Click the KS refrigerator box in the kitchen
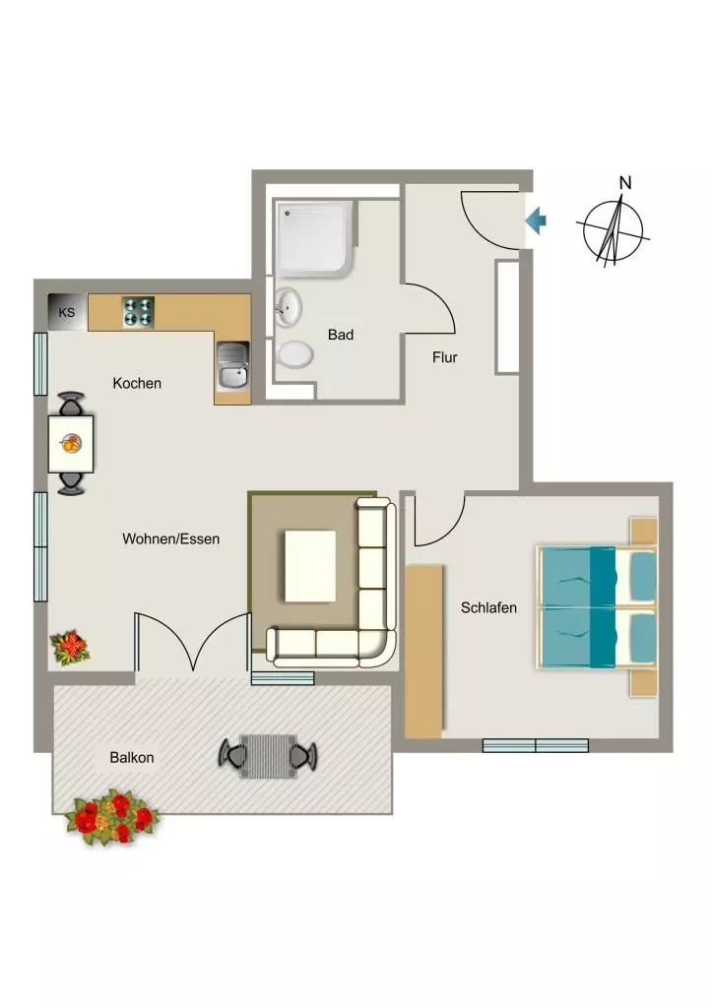(68, 312)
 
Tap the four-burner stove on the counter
(138, 312)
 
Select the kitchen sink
(232, 366)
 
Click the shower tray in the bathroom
(315, 239)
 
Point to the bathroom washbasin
(288, 306)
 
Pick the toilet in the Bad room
(294, 354)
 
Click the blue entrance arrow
(536, 220)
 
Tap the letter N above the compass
(625, 183)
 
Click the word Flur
(445, 357)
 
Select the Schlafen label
(488, 607)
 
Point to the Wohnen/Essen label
(171, 538)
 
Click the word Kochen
(137, 383)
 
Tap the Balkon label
(132, 757)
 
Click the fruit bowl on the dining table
(71, 443)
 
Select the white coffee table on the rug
(310, 566)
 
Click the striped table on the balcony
(268, 756)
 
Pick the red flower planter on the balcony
(111, 817)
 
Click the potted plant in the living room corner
(70, 647)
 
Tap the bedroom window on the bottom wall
(536, 746)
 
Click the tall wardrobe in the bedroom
(424, 652)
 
